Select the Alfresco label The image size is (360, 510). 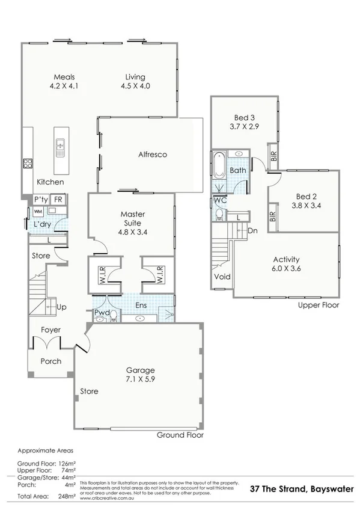point(151,155)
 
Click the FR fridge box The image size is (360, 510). point(58,199)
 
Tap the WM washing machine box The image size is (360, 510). point(38,212)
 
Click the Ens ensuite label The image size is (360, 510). point(141,306)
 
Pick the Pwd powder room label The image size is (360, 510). point(101,313)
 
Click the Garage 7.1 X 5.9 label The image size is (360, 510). point(140,375)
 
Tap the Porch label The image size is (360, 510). point(50,361)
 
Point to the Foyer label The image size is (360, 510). point(50,330)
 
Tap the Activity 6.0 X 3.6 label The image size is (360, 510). point(286,264)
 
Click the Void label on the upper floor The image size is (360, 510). point(222,277)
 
